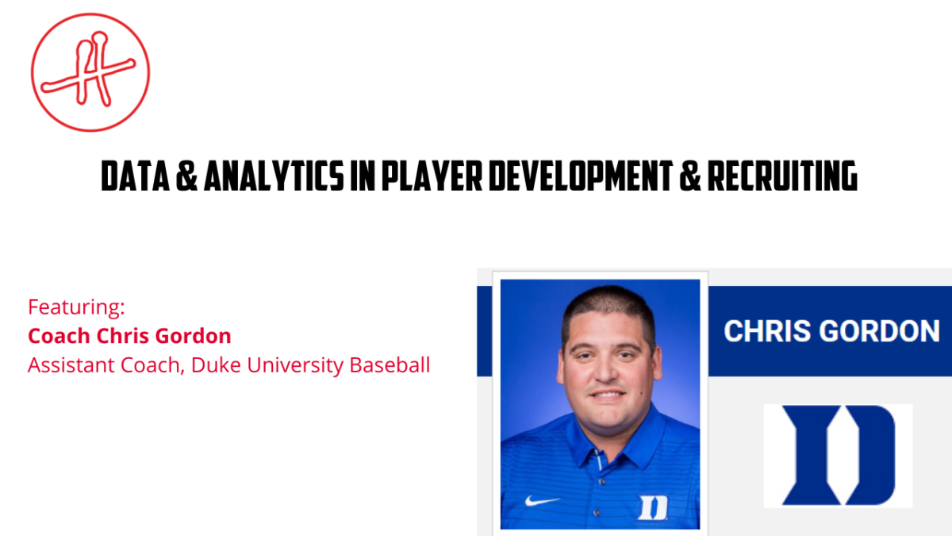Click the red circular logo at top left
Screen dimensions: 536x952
tap(90, 71)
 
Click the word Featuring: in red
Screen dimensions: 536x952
tap(76, 306)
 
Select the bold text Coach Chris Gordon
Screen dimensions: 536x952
tap(129, 335)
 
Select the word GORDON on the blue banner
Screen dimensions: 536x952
tap(880, 331)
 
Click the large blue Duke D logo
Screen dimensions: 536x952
tap(838, 455)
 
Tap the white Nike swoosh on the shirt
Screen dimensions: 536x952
tap(542, 501)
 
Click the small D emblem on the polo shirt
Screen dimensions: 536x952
tap(653, 507)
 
